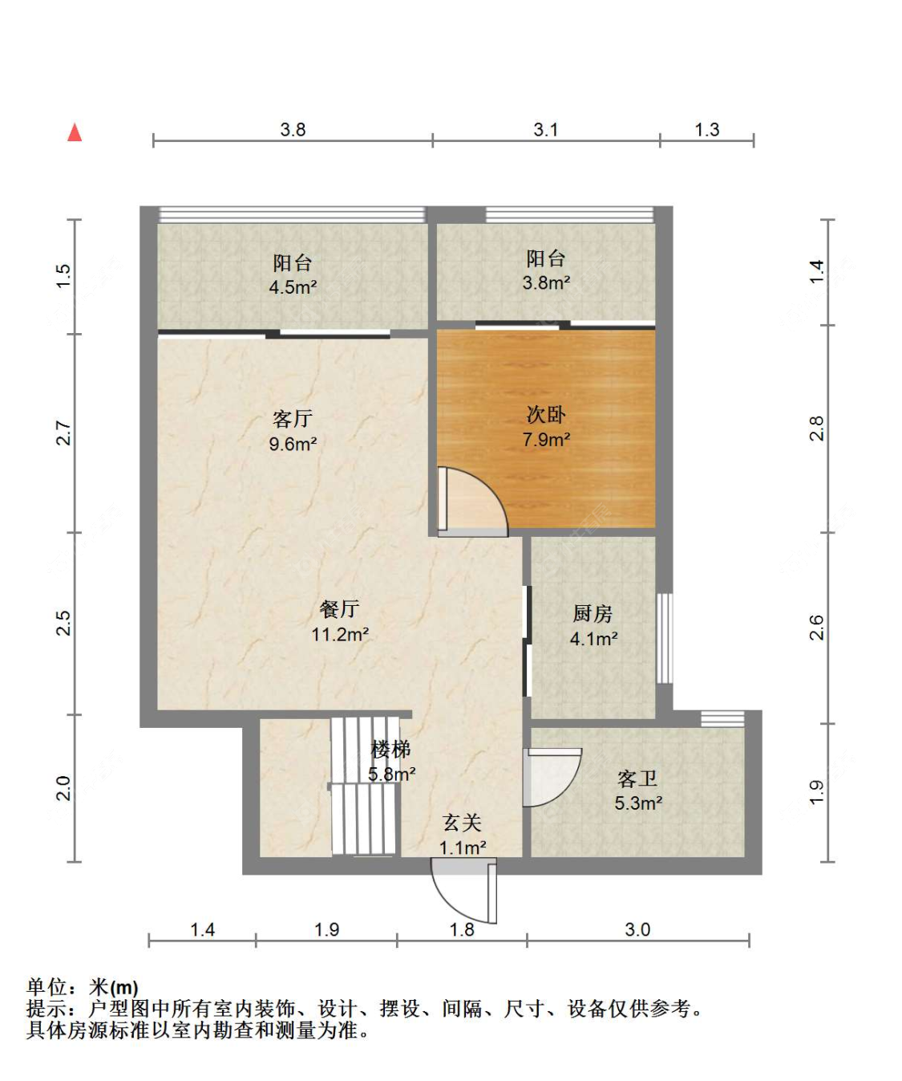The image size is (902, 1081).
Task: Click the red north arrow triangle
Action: click(75, 132)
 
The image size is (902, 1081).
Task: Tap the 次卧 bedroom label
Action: click(546, 415)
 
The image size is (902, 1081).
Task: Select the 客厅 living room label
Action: click(293, 419)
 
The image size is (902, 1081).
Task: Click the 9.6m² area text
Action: click(293, 444)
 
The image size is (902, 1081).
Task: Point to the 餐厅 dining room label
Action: click(339, 609)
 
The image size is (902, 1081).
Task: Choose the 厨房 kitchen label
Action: click(593, 614)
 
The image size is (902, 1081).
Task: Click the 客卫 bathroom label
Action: click(637, 778)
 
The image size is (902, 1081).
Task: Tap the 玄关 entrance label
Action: click(462, 823)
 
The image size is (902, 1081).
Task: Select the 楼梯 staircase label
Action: click(390, 750)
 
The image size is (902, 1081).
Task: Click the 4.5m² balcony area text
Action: click(293, 287)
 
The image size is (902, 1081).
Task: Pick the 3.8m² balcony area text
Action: click(546, 282)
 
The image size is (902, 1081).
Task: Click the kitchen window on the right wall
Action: click(664, 638)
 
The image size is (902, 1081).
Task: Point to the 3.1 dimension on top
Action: click(546, 129)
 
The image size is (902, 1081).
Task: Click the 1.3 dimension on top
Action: click(706, 129)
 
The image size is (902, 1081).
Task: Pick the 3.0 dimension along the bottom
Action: click(637, 929)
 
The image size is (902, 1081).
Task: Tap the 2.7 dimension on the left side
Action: click(63, 433)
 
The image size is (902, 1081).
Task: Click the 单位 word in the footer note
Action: click(47, 987)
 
